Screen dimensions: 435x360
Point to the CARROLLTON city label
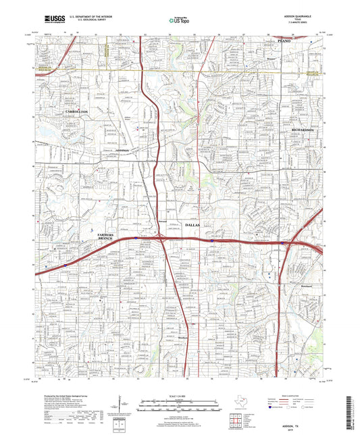(76, 110)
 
